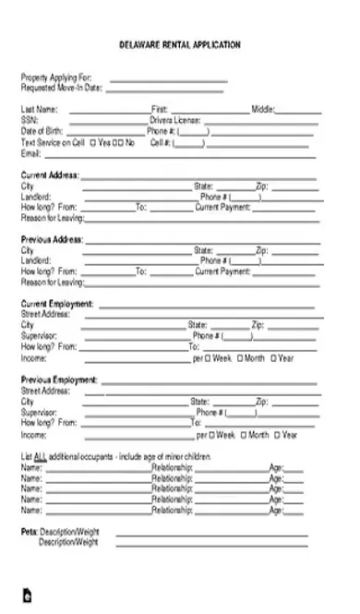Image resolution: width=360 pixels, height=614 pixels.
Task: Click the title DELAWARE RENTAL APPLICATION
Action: [180, 44]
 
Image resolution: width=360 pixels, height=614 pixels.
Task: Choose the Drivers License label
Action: [174, 120]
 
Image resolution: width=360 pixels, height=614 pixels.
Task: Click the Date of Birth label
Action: [42, 131]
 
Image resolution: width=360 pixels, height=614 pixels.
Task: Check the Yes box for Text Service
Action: [93, 143]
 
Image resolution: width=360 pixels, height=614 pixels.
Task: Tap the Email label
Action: [30, 153]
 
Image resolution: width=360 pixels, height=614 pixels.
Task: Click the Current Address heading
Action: [50, 175]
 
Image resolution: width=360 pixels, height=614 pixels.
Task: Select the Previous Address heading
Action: [52, 239]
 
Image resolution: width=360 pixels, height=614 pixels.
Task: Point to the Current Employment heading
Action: [56, 304]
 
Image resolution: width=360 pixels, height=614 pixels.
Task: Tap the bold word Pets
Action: [29, 533]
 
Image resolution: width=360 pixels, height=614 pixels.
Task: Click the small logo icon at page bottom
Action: [28, 596]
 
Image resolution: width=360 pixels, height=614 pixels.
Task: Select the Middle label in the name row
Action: [263, 110]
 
